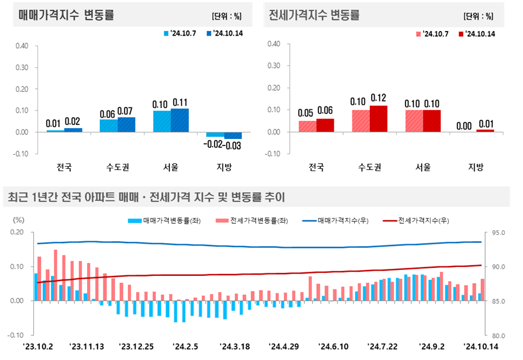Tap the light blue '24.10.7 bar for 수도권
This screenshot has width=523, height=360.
pyautogui.click(x=109, y=126)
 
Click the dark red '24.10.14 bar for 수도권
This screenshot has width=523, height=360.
pyautogui.click(x=378, y=119)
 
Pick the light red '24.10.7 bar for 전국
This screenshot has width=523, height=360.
pyautogui.click(x=307, y=126)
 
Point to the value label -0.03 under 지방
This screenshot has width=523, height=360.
pyautogui.click(x=233, y=144)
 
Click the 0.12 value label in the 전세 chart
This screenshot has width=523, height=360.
pyautogui.click(x=378, y=98)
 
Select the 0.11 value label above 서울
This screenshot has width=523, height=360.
pyautogui.click(x=180, y=103)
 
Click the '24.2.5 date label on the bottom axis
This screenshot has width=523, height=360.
pyautogui.click(x=185, y=346)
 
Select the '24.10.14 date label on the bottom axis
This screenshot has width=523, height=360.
pyautogui.click(x=479, y=346)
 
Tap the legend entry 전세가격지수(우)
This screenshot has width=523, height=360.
pyautogui.click(x=418, y=220)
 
